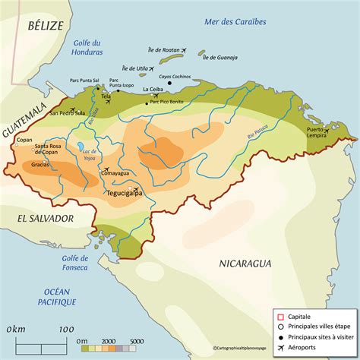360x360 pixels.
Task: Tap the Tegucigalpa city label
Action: [128, 193]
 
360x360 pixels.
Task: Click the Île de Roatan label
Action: [166, 49]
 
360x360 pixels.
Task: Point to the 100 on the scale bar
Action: [66, 329]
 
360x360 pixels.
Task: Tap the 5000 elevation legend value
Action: [137, 343]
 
